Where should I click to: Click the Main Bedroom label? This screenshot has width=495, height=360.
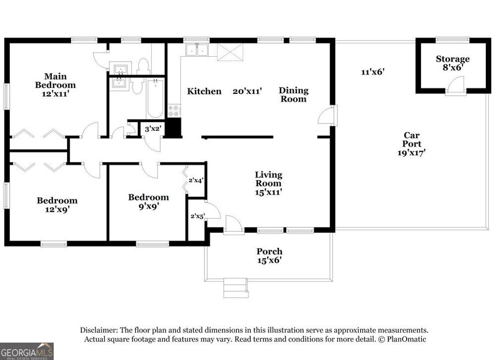click(55, 81)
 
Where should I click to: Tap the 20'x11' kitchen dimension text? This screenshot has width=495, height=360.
click(247, 91)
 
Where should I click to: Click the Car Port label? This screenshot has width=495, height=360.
click(412, 140)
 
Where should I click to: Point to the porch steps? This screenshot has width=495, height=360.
click(235, 289)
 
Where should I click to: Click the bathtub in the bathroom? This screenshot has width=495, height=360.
click(155, 98)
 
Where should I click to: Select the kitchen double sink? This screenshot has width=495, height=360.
click(197, 50)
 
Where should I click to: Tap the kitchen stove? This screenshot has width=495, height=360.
click(174, 111)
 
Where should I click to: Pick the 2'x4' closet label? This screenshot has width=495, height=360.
click(195, 180)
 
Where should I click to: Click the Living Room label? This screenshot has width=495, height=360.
click(268, 179)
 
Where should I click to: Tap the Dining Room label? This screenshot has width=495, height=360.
click(293, 94)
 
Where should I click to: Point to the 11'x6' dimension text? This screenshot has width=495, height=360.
click(372, 72)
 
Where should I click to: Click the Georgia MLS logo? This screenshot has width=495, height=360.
click(27, 351)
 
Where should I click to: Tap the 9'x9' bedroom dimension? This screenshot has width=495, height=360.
click(148, 206)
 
